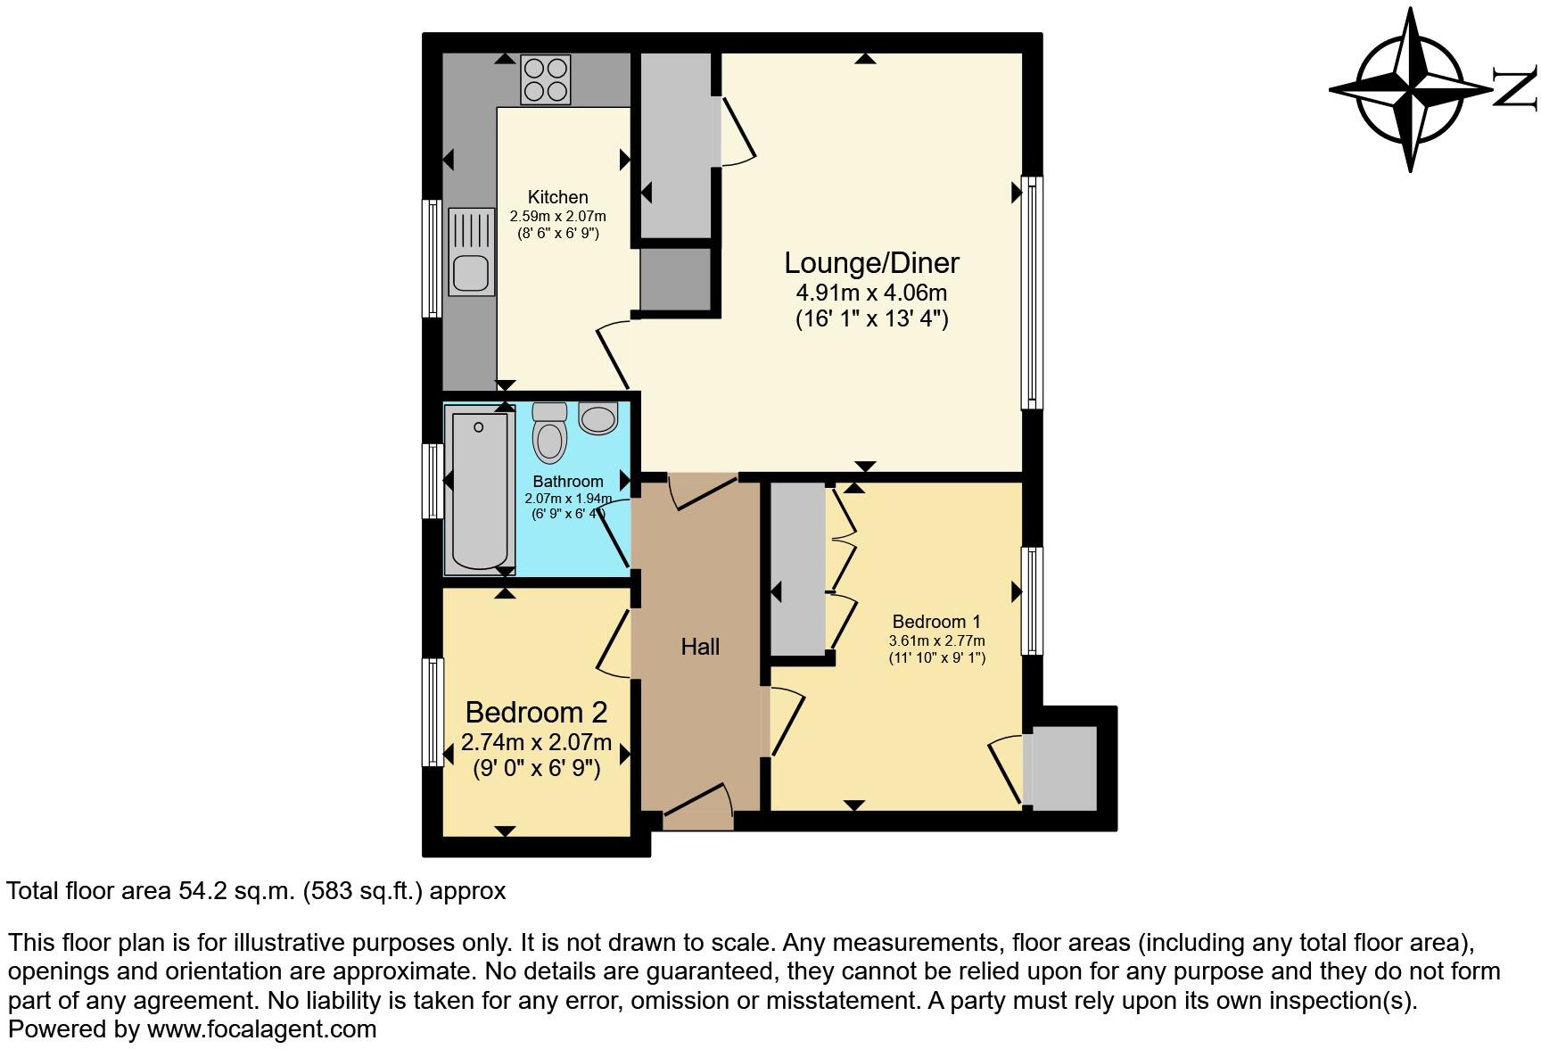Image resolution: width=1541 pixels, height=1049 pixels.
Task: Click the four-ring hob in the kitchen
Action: (x=546, y=79)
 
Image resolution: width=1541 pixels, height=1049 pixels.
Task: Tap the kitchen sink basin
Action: (x=470, y=273)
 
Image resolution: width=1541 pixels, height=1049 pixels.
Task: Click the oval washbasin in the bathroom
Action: (x=597, y=418)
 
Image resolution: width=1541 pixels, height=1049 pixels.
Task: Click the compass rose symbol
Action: (x=1410, y=89)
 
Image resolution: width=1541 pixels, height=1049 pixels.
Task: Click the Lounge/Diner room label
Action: (x=871, y=262)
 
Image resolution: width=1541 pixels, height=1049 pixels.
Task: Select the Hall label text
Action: (x=700, y=647)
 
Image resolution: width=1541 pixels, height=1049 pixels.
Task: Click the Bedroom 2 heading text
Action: (x=536, y=712)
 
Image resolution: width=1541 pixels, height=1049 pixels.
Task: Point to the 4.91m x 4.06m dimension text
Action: (x=871, y=292)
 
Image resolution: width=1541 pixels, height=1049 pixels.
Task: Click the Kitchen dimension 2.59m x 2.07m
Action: (x=557, y=216)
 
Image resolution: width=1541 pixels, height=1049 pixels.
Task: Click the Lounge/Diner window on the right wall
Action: (x=1032, y=292)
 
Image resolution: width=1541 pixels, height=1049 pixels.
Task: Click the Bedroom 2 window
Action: (x=433, y=712)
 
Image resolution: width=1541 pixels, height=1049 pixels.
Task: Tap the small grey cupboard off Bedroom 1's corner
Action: (x=1063, y=768)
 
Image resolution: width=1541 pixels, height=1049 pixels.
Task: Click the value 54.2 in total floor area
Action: (x=190, y=891)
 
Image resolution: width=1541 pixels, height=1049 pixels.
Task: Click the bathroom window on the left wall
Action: (x=433, y=481)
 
